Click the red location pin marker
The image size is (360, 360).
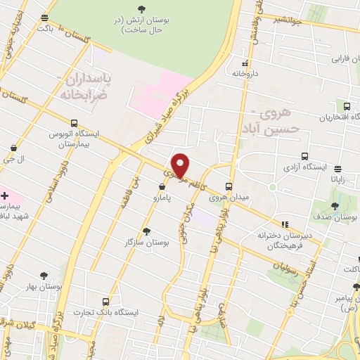[x=180, y=164]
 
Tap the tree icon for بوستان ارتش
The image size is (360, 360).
[x=143, y=8]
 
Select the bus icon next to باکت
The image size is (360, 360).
[x=45, y=18]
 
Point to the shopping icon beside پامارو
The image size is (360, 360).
[x=163, y=187]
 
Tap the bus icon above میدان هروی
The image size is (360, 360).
[x=229, y=186]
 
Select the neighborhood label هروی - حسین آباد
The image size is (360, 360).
[x=275, y=120]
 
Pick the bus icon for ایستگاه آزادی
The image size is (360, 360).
[x=304, y=156]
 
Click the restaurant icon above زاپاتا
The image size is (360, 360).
[x=338, y=169]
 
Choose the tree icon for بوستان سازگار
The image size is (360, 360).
[x=146, y=231]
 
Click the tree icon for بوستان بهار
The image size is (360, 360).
[x=44, y=275]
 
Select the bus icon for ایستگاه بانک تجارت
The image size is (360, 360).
[x=105, y=301]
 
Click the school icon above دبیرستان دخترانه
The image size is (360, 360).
[x=284, y=224]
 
